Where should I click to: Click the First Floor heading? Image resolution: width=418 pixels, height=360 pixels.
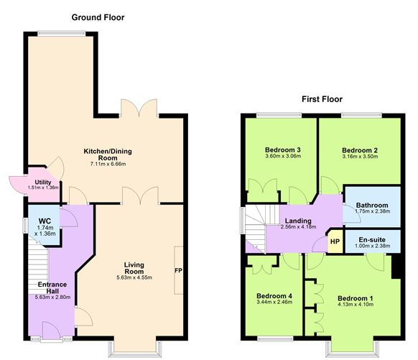(x=322, y=99)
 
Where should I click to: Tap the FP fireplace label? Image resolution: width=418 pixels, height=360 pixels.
(x=178, y=271)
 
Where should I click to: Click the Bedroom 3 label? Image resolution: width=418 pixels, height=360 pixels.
(x=283, y=149)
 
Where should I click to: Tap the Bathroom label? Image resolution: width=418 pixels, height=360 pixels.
(x=371, y=204)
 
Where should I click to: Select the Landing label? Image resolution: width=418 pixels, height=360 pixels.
(x=297, y=221)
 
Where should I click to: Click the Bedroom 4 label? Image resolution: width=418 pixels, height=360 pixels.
(x=276, y=296)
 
